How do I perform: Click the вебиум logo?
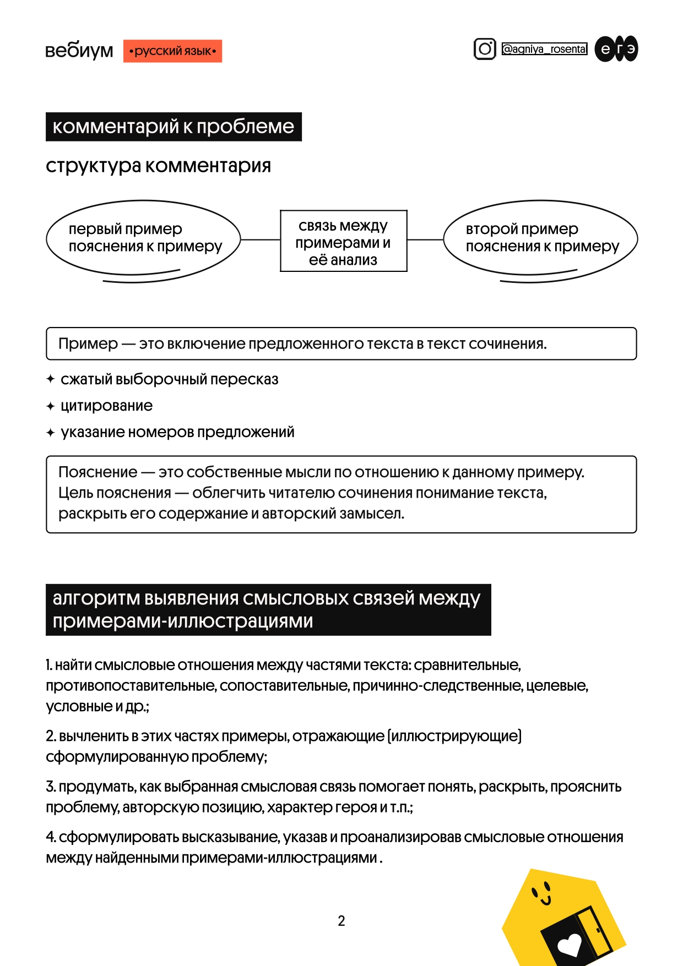point(79,51)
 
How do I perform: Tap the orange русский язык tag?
point(172,51)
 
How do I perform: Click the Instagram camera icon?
point(485,49)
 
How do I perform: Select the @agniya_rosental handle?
point(544,49)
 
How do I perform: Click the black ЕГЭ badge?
point(616,49)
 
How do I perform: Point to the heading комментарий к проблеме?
point(174,127)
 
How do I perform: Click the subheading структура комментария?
point(158,166)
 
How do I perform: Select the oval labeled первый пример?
point(143,238)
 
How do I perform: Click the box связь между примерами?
point(343,241)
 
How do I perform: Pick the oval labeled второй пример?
point(540,238)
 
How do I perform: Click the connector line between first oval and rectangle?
point(261,240)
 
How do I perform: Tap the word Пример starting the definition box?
point(88,344)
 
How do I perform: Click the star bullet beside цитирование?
point(51,406)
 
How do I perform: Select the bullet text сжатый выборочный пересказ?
point(169,379)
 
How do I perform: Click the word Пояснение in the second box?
point(97,472)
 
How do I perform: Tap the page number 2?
point(341,921)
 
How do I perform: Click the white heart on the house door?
point(570,945)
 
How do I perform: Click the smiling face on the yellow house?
point(541,893)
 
